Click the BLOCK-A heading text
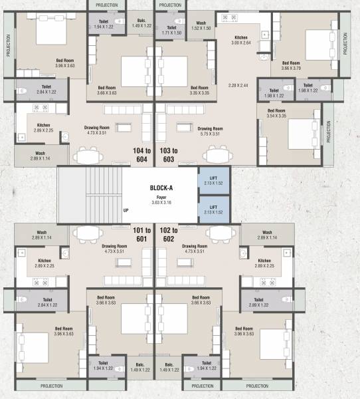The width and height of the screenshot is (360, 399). [x=161, y=188]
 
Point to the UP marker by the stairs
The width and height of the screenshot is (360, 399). [x=126, y=211]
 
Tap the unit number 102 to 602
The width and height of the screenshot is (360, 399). [x=169, y=234]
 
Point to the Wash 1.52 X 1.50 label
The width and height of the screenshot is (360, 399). [x=201, y=26]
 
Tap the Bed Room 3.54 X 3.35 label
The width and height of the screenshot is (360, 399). [x=276, y=113]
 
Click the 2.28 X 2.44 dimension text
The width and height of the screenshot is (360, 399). [x=238, y=85]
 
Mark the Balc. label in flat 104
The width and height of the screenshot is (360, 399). [x=141, y=23]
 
